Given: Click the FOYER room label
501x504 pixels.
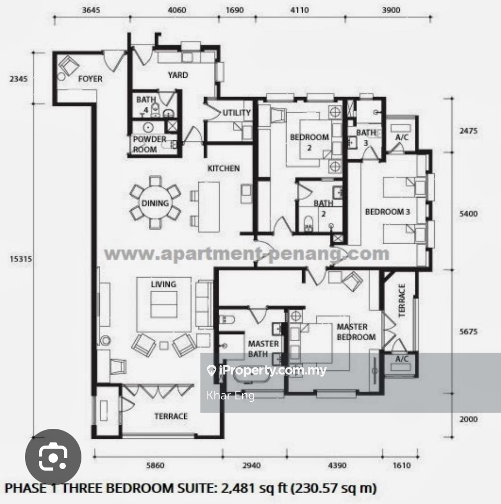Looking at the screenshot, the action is coord(90,79).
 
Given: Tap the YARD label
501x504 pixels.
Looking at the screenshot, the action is coord(178,75).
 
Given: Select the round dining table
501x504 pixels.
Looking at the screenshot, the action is coord(156,203).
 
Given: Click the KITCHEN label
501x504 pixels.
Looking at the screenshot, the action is coord(223,169).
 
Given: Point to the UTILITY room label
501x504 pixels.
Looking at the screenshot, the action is coord(237,113).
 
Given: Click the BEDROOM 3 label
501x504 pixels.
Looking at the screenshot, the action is coord(387,212).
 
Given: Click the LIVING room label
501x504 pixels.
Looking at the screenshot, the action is coord(163,284).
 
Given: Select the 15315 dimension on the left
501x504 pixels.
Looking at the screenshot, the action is coord(21,259).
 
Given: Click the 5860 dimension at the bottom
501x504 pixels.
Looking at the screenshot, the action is coord(155,465).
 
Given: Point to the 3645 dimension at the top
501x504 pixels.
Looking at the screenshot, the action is coord(91,10).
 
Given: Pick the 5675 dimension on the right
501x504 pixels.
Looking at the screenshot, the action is coord(468,331).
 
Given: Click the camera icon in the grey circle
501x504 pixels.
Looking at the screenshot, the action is coord(53,457).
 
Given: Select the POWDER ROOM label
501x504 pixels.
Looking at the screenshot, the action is coord(150,145).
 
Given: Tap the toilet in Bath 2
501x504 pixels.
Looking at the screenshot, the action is coord(308,223).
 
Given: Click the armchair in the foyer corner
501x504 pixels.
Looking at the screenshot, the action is coord(69,66).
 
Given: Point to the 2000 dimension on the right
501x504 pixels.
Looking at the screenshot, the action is coord(468,419).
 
